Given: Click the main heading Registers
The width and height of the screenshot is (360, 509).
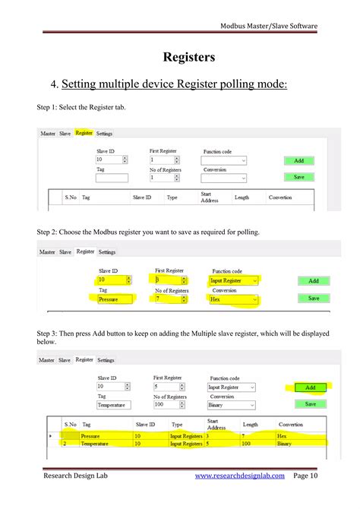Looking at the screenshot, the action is tap(188, 57).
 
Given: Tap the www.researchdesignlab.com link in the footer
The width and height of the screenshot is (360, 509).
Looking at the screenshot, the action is tap(239, 476).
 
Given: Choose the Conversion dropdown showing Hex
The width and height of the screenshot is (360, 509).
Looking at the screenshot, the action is tap(234, 299).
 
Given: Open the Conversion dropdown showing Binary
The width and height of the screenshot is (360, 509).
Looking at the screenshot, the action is tap(231, 405).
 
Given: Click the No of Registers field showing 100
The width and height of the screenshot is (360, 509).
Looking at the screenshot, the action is tap(166, 405).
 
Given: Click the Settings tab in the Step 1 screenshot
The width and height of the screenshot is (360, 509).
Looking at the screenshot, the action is tap(104, 134).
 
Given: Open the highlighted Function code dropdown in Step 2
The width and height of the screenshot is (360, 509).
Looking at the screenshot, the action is tap(234, 280).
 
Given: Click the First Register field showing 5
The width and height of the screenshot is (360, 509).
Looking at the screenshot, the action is tap(166, 387).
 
